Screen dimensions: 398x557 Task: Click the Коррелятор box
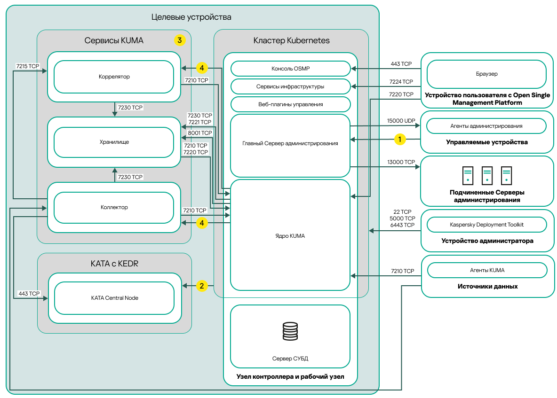tap(114, 77)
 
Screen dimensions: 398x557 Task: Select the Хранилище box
tap(114, 142)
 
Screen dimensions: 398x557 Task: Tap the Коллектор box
tap(114, 207)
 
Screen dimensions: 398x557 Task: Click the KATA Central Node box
tap(114, 297)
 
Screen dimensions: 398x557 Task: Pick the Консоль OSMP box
tap(290, 69)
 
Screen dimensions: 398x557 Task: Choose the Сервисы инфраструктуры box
tap(290, 86)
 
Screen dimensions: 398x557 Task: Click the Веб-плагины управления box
tap(290, 104)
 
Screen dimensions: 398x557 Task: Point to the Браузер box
tap(486, 74)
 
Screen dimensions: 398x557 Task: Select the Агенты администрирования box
tap(486, 126)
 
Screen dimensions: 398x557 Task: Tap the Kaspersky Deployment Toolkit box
tap(486, 225)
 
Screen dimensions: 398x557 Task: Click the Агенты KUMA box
tap(486, 270)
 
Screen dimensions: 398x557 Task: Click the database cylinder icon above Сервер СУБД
tap(290, 331)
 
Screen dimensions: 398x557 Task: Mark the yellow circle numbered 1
tap(399, 139)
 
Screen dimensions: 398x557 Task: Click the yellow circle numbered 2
tap(202, 285)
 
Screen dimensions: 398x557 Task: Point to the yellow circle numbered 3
tap(179, 40)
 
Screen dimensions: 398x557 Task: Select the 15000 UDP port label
tap(401, 121)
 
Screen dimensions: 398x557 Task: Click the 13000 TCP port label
tap(401, 162)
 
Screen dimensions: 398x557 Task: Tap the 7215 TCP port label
tap(27, 66)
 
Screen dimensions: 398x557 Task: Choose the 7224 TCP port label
tap(401, 82)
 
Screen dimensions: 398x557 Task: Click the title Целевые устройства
tap(191, 17)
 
